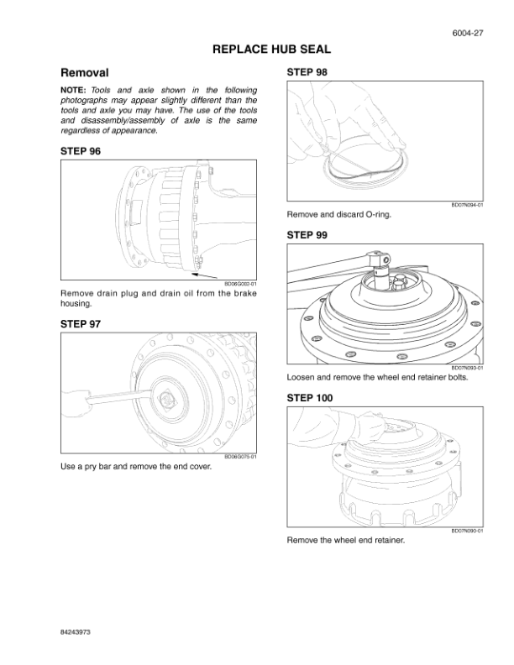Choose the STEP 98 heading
click(x=307, y=72)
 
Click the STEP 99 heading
click(x=307, y=236)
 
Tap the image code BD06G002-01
click(x=240, y=284)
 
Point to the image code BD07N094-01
click(x=467, y=206)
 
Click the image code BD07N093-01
click(x=467, y=368)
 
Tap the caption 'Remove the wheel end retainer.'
click(x=346, y=540)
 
